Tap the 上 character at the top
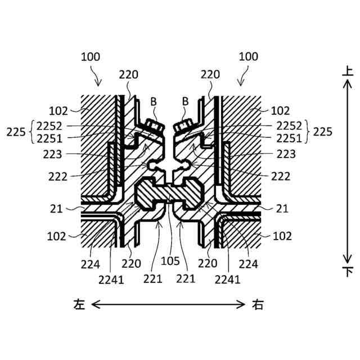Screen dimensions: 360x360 (x=348, y=72)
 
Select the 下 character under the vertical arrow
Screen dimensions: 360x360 (x=348, y=272)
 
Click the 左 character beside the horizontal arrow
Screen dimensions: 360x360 (x=79, y=305)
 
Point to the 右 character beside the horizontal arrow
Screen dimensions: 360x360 (x=258, y=305)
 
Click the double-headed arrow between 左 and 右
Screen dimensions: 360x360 (x=169, y=305)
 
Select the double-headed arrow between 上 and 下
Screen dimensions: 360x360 (x=348, y=172)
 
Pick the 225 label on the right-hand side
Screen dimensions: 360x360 (x=323, y=132)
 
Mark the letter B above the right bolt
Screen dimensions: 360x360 (x=185, y=102)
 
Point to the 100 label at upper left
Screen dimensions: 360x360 (x=91, y=57)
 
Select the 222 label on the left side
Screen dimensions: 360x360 (x=57, y=177)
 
